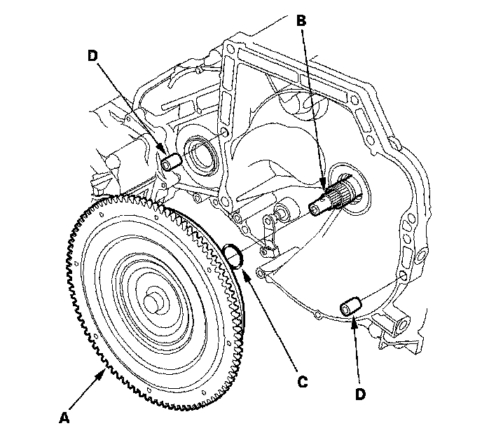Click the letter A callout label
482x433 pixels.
[x=64, y=418]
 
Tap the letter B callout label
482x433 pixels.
[x=302, y=22]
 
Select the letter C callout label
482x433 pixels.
[x=302, y=382]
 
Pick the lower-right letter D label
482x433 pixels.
[x=360, y=394]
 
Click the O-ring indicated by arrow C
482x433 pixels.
[x=234, y=256]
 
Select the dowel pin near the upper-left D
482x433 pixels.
[x=171, y=163]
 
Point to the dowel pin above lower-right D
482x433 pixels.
[x=350, y=306]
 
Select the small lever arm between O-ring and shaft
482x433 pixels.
[x=269, y=231]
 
